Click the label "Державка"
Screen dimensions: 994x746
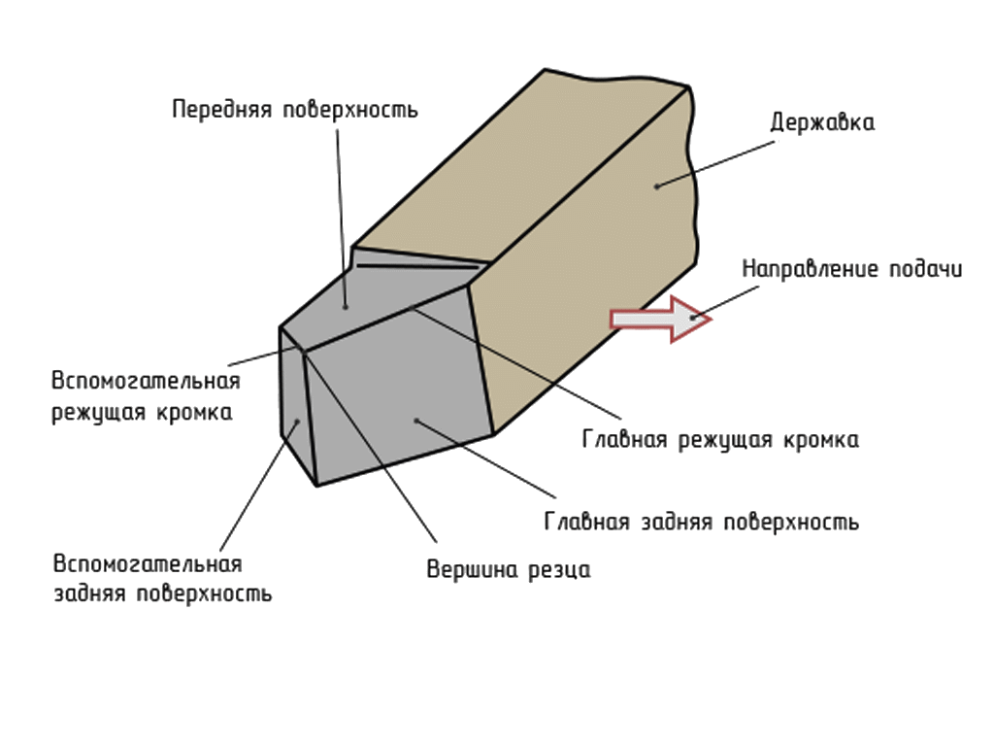[822, 123]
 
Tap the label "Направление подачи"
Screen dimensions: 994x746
[852, 269]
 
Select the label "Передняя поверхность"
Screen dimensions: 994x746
[295, 109]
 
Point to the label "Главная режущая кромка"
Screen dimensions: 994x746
[720, 439]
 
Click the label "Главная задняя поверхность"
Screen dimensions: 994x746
[702, 521]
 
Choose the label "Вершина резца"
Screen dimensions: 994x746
[509, 569]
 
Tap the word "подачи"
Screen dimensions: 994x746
[925, 269]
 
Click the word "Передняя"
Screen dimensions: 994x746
[222, 109]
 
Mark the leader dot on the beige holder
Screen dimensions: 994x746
[657, 185]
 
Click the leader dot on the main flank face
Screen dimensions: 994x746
[415, 420]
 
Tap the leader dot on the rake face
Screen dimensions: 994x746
[346, 307]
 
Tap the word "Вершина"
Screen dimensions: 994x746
[461, 569]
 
